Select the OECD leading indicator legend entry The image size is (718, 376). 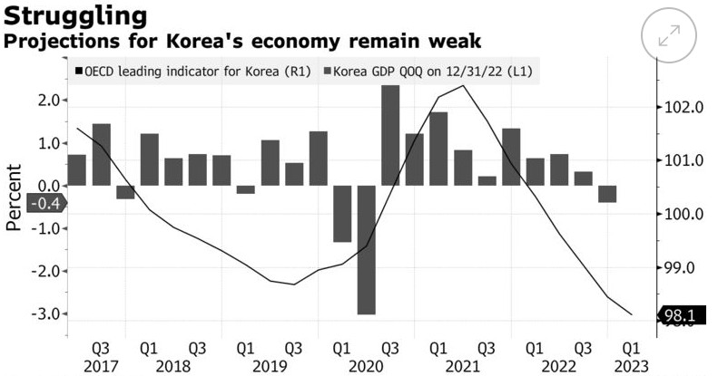tap(192, 72)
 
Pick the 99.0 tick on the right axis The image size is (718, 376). tap(680, 269)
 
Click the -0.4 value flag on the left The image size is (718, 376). tap(45, 203)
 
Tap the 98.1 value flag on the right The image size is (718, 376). tap(682, 315)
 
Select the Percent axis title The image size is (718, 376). tap(14, 198)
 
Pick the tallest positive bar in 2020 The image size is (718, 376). tap(390, 135)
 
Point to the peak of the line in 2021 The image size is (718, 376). tap(463, 86)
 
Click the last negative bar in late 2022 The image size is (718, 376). tap(607, 194)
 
